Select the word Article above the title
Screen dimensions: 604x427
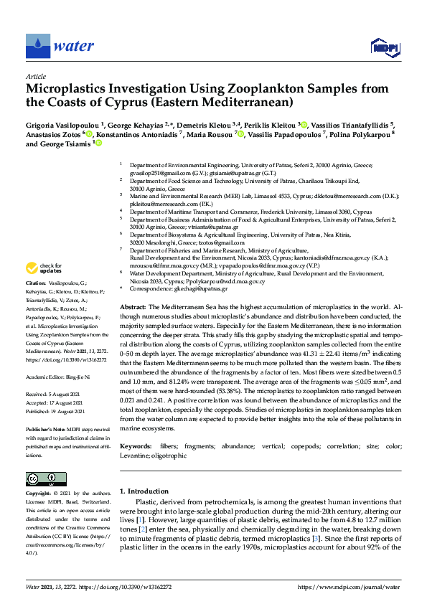coord(36,76)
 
